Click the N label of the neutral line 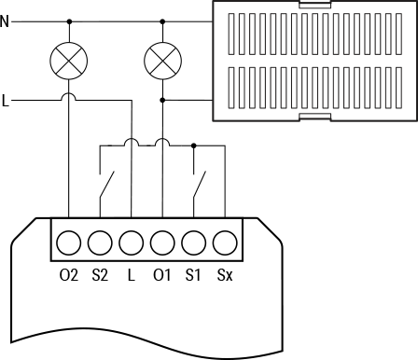point(6,21)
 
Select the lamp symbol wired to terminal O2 point(69,62)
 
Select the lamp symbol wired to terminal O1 point(162,62)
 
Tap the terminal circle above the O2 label point(69,243)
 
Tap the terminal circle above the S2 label point(100,243)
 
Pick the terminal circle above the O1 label point(162,243)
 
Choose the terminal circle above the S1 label point(193,243)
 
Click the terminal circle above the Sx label point(224,243)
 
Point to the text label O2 point(68,275)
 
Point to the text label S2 point(100,275)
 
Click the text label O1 point(162,275)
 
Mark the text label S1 point(193,275)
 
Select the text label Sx point(224,275)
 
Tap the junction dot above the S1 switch point(193,145)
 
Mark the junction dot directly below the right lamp point(162,100)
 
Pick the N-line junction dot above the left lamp point(69,21)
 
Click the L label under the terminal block point(131,275)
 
